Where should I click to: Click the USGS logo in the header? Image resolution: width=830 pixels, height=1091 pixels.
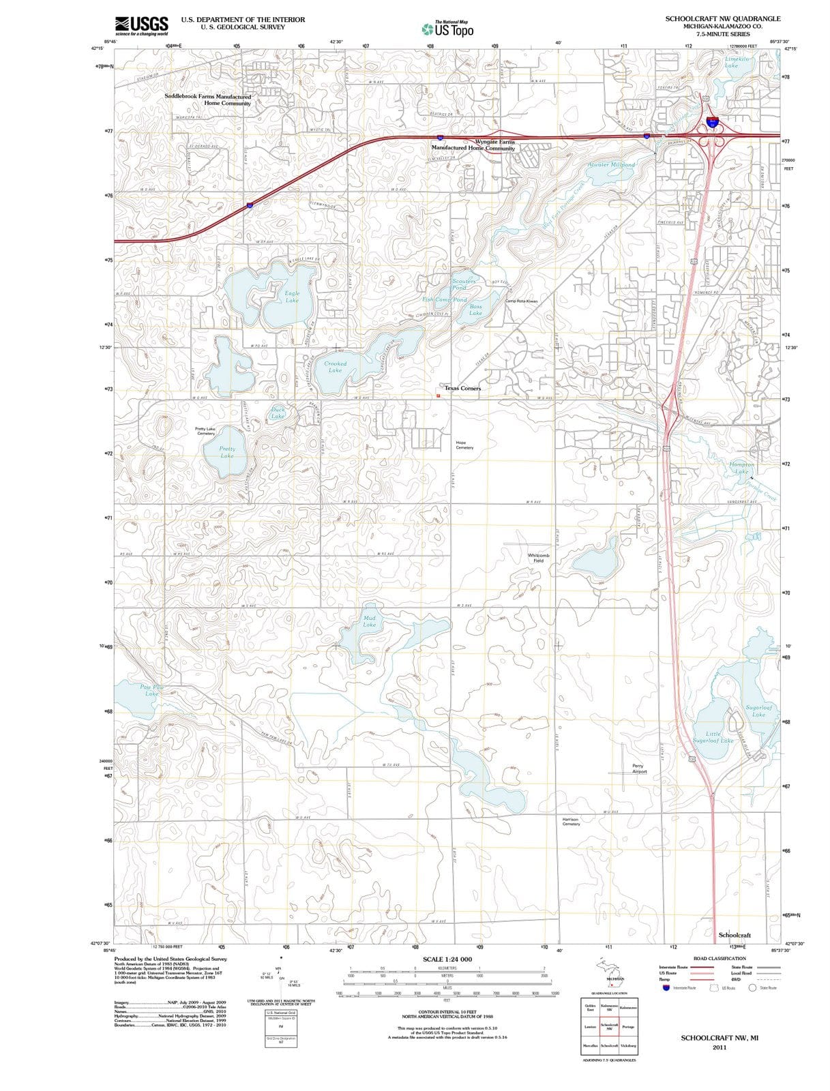141,25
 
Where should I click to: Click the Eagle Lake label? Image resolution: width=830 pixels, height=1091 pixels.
292,297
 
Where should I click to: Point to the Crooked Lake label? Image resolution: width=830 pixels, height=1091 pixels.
335,367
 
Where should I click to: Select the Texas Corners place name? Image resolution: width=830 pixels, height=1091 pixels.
462,388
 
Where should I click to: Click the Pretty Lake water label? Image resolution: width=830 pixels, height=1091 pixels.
227,452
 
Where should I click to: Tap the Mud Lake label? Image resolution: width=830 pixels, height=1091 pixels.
369,621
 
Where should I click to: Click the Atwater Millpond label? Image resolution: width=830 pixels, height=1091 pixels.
611,165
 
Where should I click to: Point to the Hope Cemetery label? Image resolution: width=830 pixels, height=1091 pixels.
464,445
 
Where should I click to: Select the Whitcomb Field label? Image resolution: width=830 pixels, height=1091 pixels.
538,558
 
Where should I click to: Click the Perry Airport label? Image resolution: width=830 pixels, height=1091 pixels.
638,768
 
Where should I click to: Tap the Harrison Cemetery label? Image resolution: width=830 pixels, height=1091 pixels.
571,822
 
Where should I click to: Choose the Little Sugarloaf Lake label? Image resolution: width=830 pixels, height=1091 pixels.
713,737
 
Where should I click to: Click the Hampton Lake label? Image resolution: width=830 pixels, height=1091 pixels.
741,468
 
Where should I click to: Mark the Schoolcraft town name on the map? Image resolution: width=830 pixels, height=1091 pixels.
735,934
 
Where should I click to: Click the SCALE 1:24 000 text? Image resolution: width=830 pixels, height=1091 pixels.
447,959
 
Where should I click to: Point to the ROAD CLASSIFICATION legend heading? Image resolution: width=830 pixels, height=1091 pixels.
719,959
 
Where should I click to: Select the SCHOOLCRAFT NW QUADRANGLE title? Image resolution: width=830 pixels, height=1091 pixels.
723,19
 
